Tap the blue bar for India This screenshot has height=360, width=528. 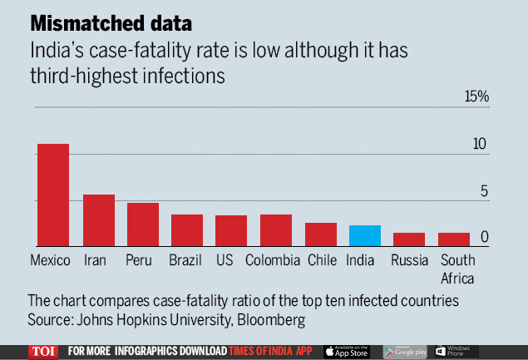coord(365,235)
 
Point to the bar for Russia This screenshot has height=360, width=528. coord(409,239)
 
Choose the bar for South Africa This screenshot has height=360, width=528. coord(454,239)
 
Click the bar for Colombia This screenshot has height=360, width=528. coord(276,230)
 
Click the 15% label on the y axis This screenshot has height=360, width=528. coord(477,97)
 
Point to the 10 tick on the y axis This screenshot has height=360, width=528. coord(480,144)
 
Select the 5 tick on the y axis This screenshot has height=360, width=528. coord(484,191)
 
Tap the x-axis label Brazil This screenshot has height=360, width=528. coord(185,260)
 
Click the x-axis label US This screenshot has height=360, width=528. coord(225,260)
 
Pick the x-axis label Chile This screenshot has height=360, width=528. coord(322,260)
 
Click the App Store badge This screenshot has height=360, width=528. coord(346,351)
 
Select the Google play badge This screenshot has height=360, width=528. coord(402,351)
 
